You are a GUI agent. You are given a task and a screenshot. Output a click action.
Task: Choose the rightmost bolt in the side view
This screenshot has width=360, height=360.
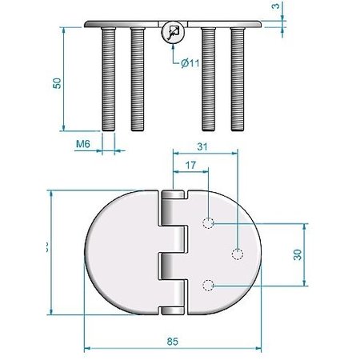coord(236,78)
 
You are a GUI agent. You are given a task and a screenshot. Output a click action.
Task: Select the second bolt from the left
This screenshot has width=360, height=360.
coord(137,78)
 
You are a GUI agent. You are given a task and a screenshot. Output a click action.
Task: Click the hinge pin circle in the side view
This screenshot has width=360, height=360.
coord(172,34)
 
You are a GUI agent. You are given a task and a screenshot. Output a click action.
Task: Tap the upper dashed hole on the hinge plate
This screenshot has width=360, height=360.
coord(208,222)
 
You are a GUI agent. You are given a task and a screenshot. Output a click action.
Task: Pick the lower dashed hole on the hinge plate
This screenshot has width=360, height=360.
coord(208,284)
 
